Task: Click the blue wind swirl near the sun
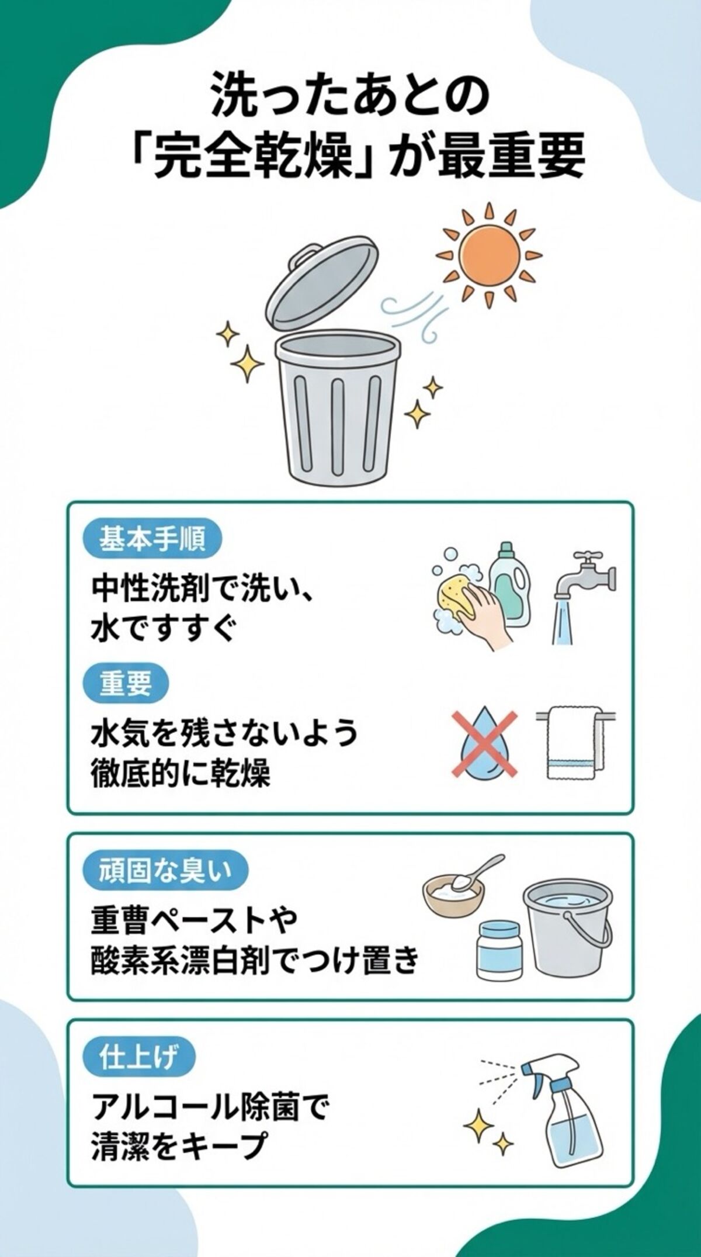pos(411,316)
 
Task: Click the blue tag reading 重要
pos(125,684)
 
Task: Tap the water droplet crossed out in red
pos(484,746)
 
